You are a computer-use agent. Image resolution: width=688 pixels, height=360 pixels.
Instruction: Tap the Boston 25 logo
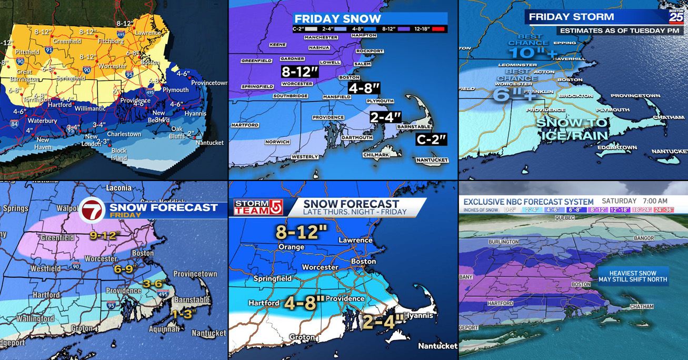(676, 16)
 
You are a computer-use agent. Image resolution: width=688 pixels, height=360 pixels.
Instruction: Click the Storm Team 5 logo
(258, 207)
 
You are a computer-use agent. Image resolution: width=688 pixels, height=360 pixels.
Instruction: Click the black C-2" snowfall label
(431, 139)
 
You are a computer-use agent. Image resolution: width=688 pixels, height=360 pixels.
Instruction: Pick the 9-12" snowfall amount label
(103, 236)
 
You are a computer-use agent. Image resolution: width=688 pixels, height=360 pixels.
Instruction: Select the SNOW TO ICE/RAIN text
(572, 129)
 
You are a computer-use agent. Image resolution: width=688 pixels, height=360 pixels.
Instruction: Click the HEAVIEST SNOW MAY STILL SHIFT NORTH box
(633, 276)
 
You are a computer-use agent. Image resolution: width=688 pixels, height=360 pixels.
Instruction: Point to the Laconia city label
(118, 188)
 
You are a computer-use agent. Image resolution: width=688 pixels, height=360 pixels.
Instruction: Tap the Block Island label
(119, 154)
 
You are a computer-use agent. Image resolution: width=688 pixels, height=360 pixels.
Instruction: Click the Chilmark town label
(376, 155)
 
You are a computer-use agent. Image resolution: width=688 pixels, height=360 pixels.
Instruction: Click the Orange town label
(291, 247)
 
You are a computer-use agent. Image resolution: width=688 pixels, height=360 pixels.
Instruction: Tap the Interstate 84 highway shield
(14, 124)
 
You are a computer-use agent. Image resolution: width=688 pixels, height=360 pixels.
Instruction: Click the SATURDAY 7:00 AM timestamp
(634, 201)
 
